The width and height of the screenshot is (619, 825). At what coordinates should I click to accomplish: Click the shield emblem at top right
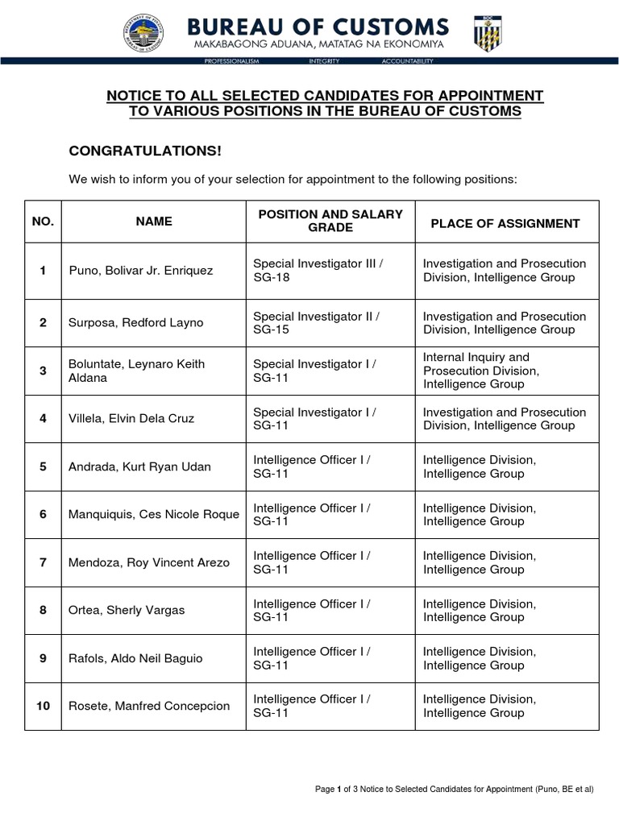tap(488, 33)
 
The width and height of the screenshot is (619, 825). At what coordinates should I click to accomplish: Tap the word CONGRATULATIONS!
tap(144, 151)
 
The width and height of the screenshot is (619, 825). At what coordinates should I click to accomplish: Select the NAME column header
tap(153, 222)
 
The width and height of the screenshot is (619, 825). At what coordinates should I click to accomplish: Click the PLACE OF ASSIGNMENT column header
tap(505, 223)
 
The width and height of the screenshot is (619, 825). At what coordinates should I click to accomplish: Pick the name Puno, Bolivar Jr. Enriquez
tap(141, 271)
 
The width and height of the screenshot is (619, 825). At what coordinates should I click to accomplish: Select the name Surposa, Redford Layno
tap(136, 323)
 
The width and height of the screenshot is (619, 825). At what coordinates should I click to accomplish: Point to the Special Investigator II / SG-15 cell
tap(316, 323)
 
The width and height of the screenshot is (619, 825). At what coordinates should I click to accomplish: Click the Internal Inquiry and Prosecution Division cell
tap(481, 371)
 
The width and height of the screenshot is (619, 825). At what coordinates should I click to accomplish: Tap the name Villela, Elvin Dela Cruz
tap(131, 419)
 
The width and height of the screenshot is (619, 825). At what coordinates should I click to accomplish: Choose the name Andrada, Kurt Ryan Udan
tap(140, 466)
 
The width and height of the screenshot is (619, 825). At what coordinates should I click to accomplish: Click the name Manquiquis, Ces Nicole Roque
tap(154, 515)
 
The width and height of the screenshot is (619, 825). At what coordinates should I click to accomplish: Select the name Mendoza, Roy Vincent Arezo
tap(149, 562)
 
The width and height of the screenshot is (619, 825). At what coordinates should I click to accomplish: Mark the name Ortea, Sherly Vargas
tap(127, 611)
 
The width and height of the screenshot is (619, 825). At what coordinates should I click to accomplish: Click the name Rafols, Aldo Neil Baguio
tap(135, 658)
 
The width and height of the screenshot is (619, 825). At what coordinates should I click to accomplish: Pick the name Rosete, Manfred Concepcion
tap(149, 707)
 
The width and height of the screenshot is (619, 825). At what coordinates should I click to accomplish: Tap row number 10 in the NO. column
tap(43, 707)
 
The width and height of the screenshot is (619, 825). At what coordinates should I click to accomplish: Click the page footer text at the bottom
tap(459, 789)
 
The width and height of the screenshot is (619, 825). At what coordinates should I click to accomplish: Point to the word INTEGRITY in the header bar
tap(324, 61)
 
